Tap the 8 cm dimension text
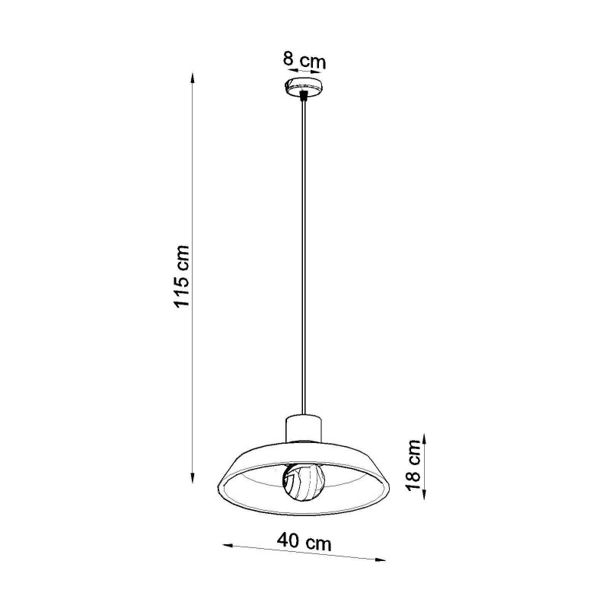(304, 59)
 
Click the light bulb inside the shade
(304, 480)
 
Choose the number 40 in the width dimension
(290, 542)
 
